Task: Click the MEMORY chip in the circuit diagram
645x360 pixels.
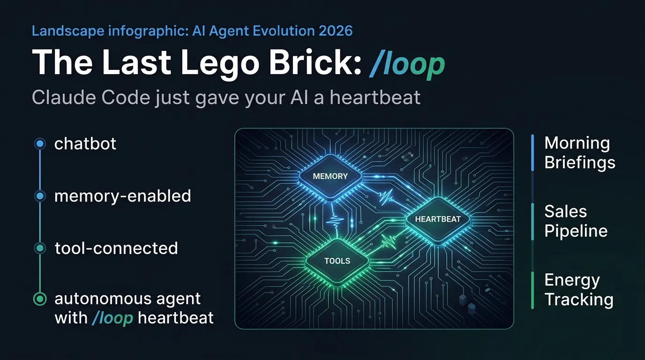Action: point(330,176)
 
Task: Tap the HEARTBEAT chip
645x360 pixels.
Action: point(437,219)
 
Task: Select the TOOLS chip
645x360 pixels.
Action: point(337,261)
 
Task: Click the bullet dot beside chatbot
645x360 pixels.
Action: point(40,144)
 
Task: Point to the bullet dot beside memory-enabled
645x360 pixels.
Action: point(40,196)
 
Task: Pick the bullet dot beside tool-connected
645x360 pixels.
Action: point(40,248)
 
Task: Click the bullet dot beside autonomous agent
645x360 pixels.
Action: point(40,299)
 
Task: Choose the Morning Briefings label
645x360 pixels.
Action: point(579,152)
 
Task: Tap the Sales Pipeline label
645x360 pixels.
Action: point(576,221)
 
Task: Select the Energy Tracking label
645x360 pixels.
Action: point(578,290)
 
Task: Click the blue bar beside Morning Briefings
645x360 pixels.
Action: point(533,152)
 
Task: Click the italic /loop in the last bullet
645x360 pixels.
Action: point(112,318)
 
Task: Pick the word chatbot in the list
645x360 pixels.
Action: point(85,143)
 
